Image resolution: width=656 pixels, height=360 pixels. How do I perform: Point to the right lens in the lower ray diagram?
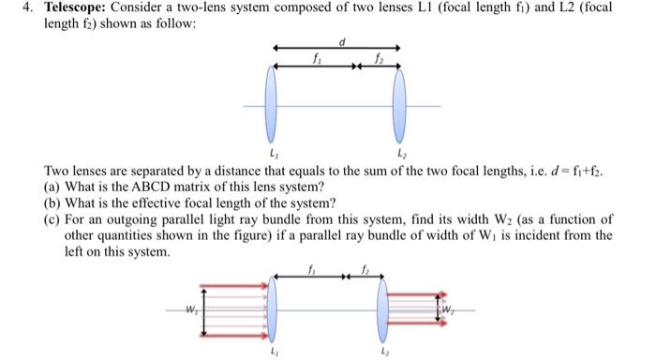[383, 306]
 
